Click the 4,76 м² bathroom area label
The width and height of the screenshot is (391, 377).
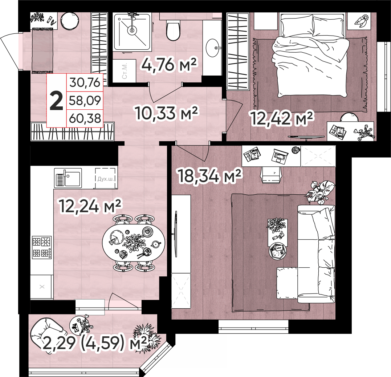pyautogui.click(x=169, y=64)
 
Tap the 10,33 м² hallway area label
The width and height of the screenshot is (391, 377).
pyautogui.click(x=166, y=112)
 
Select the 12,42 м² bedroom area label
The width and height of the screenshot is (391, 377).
pyautogui.click(x=281, y=118)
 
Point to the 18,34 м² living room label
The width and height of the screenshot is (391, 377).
pyautogui.click(x=209, y=176)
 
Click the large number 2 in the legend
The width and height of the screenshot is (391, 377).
pyautogui.click(x=56, y=101)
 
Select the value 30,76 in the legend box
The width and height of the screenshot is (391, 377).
pyautogui.click(x=85, y=82)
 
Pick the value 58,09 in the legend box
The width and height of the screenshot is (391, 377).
pyautogui.click(x=85, y=100)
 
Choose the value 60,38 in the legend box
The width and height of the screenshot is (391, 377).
pyautogui.click(x=85, y=118)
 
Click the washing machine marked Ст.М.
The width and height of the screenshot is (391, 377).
pyautogui.click(x=124, y=70)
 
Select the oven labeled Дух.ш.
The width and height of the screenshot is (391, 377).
pyautogui.click(x=106, y=178)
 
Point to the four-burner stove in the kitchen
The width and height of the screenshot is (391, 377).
pyautogui.click(x=42, y=247)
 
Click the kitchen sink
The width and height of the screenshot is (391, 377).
pyautogui.click(x=68, y=178)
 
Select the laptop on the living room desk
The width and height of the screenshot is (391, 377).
pyautogui.click(x=280, y=156)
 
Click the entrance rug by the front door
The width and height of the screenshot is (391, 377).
pyautogui.click(x=42, y=50)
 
